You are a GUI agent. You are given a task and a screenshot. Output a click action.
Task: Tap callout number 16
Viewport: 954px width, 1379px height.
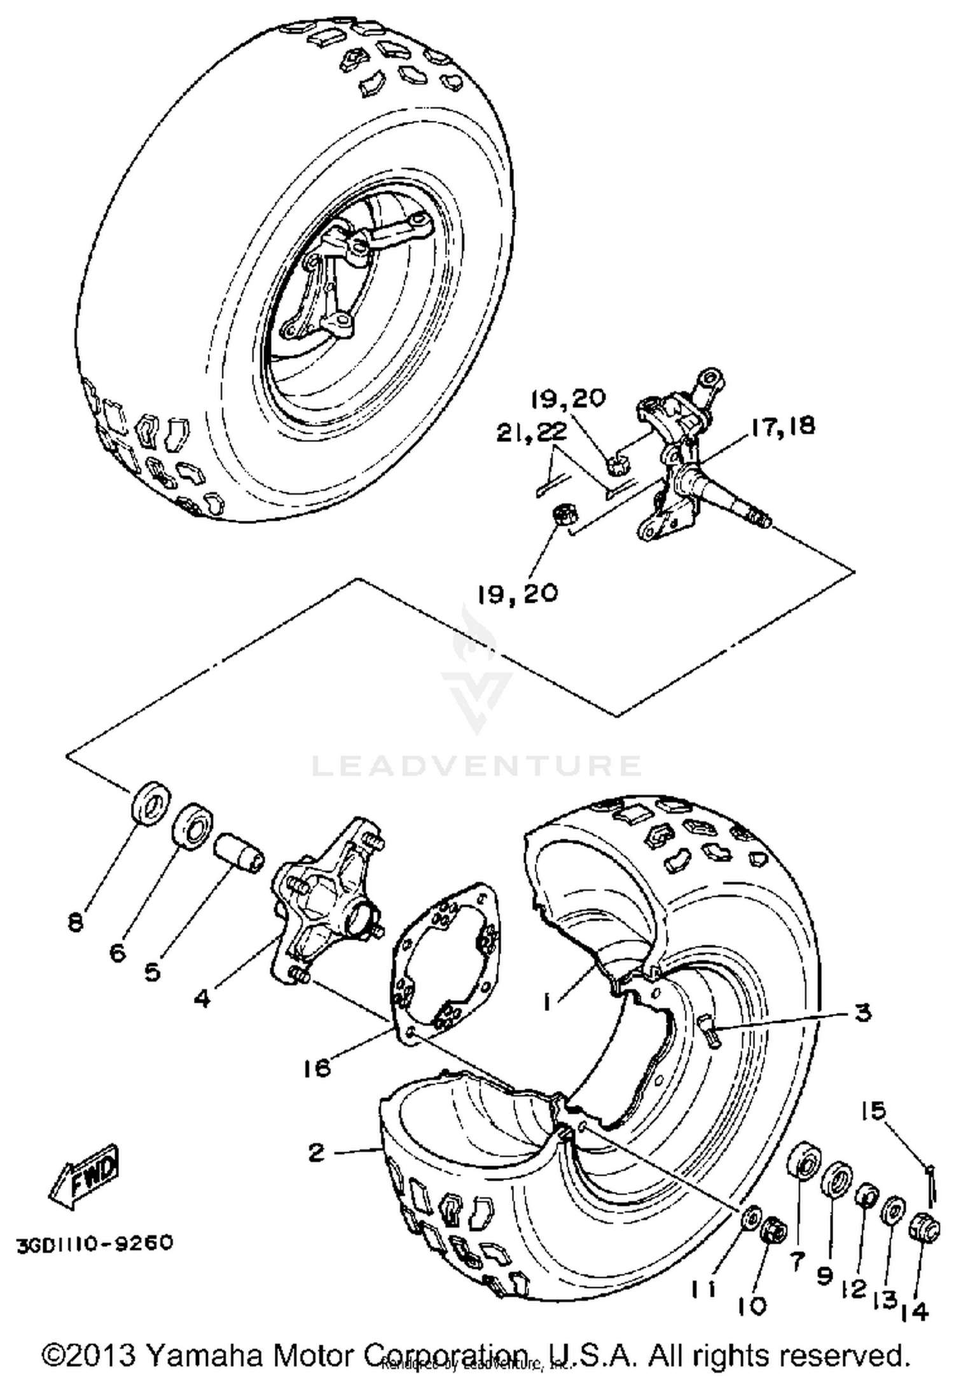click(317, 1067)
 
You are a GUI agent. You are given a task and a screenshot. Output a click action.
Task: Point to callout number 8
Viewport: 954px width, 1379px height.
click(76, 923)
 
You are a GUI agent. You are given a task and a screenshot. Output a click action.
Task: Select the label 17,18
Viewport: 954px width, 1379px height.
click(781, 426)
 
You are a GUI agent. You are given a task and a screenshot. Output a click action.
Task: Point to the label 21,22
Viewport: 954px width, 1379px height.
click(532, 433)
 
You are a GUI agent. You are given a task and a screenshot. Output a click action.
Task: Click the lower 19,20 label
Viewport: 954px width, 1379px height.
click(518, 593)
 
